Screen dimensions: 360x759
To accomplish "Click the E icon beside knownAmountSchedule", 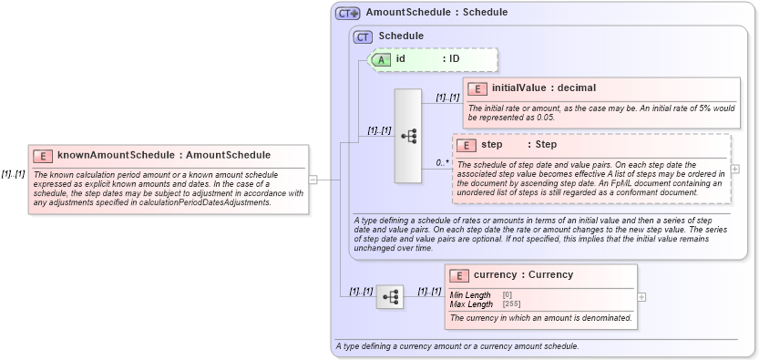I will tap(43, 156).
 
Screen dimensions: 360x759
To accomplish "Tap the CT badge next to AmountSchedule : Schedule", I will tap(347, 13).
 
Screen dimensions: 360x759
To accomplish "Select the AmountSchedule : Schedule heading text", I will tap(436, 13).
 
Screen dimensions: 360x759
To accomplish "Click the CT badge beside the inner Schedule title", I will tap(363, 36).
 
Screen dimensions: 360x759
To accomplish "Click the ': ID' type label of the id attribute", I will tap(451, 59).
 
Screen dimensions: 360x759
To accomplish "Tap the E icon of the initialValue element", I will tap(477, 88).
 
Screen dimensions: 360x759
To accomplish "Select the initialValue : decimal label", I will tap(543, 88).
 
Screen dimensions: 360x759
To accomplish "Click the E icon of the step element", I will tap(466, 145).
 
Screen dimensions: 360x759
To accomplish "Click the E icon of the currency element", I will tap(459, 274).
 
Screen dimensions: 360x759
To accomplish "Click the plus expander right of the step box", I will tap(735, 169).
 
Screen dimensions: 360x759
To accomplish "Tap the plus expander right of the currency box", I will tap(642, 296).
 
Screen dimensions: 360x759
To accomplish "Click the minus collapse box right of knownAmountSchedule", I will tap(313, 180).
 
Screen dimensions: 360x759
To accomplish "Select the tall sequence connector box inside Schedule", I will tap(407, 135).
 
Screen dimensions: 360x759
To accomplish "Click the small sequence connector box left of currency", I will tap(390, 296).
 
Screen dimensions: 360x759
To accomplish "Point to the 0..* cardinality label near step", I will tap(443, 163).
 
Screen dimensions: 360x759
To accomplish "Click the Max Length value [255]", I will tap(511, 303).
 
